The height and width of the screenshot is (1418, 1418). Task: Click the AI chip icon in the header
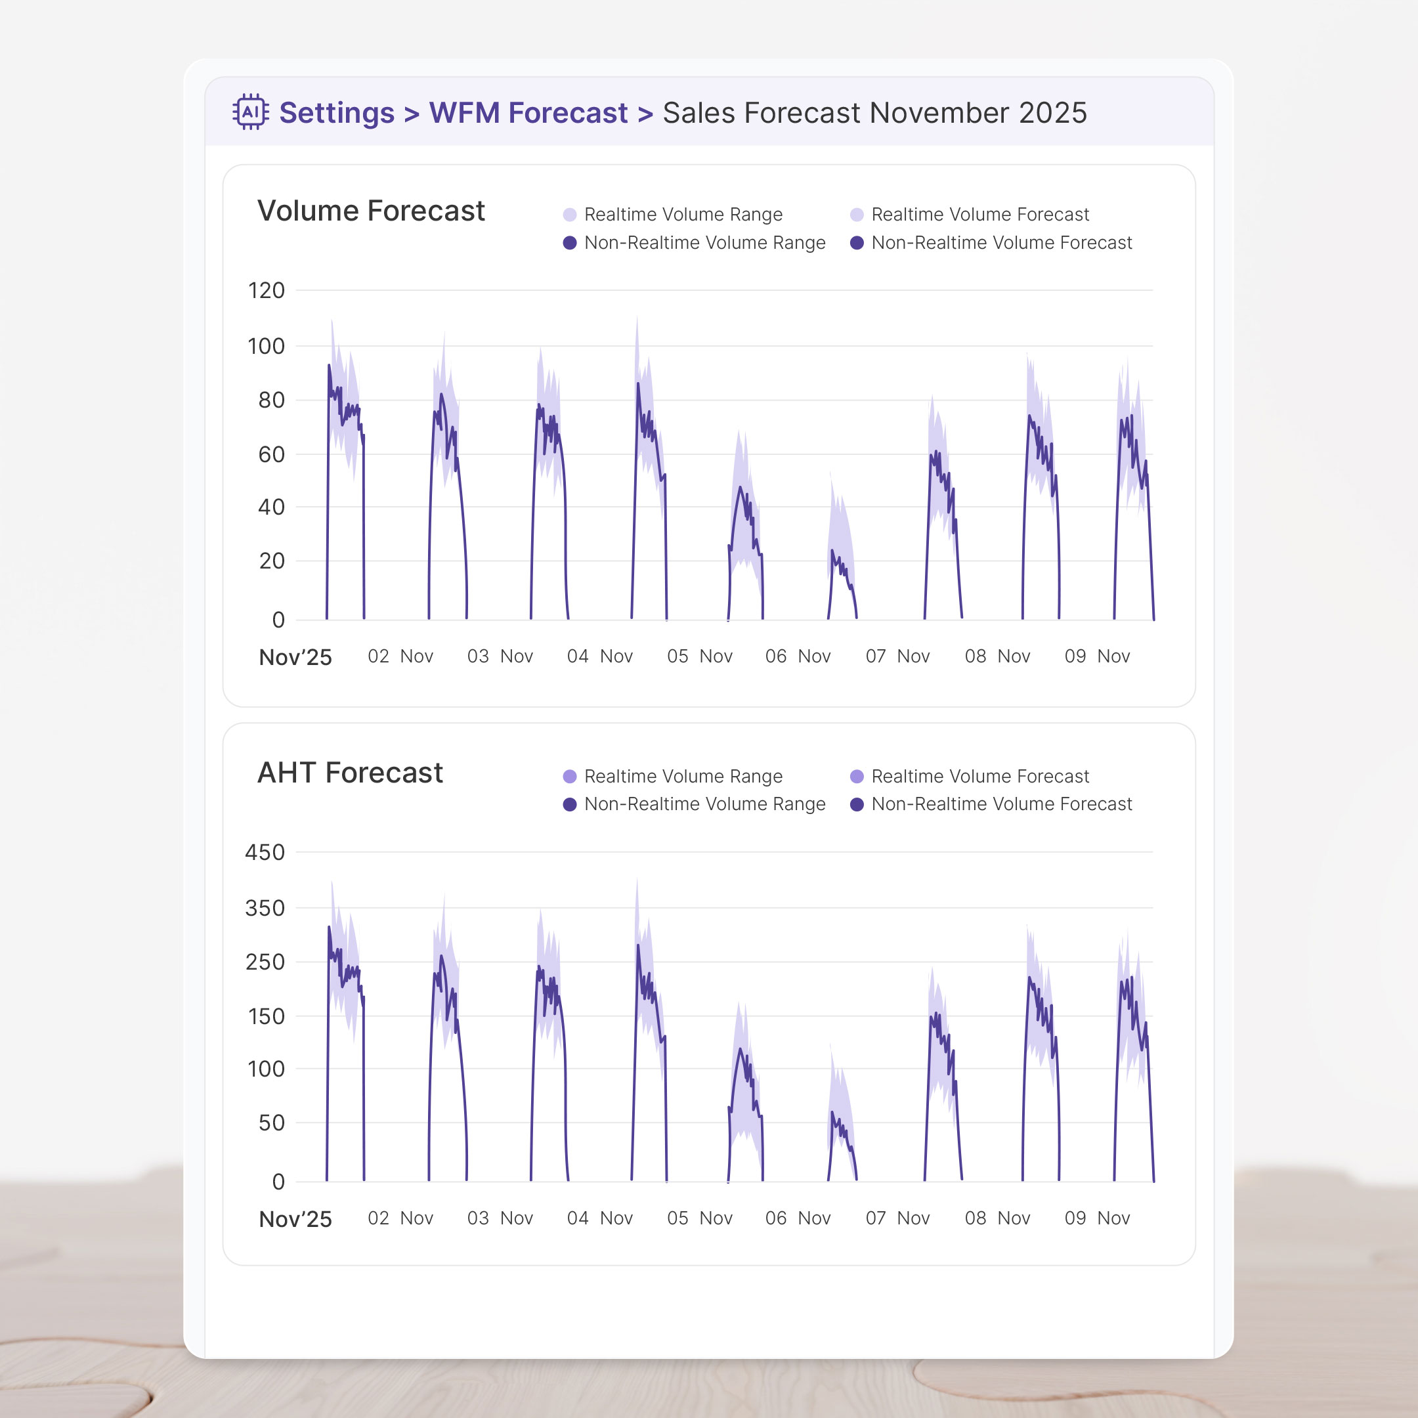(250, 112)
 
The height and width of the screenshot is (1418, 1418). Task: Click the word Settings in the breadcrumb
(337, 113)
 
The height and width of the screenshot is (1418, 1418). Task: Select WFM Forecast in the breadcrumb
(528, 113)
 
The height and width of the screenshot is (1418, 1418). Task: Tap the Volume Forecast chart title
(371, 211)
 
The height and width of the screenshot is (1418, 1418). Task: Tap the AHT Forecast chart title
(350, 773)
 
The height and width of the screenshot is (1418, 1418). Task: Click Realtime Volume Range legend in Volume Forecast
(683, 214)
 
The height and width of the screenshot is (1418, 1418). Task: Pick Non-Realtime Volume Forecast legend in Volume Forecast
(1001, 243)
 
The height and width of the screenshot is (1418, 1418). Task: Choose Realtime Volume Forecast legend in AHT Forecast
(980, 777)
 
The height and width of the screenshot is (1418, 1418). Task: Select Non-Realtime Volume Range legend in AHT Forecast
(704, 804)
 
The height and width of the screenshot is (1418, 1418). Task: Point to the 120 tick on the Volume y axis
(267, 291)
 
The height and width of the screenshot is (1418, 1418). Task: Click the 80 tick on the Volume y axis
(271, 400)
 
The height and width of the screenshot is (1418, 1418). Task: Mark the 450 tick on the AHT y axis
(265, 852)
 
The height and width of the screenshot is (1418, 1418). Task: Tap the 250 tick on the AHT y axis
(265, 962)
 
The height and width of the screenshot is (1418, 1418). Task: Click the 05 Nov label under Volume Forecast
(699, 656)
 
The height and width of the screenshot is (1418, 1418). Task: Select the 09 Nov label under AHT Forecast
(1097, 1218)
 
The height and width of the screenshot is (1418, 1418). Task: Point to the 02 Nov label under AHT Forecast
(400, 1218)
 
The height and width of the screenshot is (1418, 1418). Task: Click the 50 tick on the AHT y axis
(271, 1123)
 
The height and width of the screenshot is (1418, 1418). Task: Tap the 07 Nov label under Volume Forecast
(897, 656)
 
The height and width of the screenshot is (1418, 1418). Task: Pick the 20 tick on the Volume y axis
(271, 561)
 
